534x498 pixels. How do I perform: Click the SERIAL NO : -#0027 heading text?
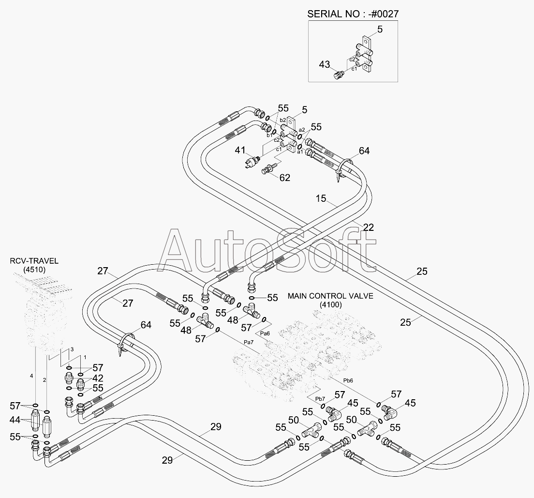[x=353, y=13]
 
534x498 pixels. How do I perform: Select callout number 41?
[x=240, y=151]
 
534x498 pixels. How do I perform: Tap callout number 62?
[x=284, y=178]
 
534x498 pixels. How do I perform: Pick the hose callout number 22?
[x=369, y=227]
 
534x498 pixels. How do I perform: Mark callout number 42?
[x=98, y=378]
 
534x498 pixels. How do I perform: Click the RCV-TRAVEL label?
[x=34, y=261]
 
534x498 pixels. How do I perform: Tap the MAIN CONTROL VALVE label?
[x=331, y=296]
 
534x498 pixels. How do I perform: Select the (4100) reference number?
[x=331, y=304]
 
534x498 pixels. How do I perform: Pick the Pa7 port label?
[x=249, y=342]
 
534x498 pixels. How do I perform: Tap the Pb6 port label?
[x=349, y=381]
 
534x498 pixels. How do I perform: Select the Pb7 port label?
[x=320, y=399]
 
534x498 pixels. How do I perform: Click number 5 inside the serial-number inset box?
[x=380, y=29]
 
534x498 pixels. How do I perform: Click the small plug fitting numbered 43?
[x=339, y=75]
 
